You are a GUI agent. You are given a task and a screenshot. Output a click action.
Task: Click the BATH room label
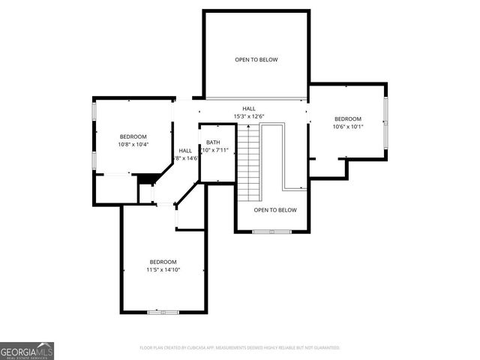213,142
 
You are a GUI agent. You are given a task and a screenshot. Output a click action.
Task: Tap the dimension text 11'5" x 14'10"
163,270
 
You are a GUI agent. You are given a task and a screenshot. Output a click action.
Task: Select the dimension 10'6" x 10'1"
347,127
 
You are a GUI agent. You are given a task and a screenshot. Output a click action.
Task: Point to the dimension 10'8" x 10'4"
134,144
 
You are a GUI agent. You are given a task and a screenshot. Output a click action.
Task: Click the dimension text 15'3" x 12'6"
248,115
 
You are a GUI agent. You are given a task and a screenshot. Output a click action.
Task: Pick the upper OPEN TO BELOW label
256,59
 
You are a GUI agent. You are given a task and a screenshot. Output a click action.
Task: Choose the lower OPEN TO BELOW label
275,210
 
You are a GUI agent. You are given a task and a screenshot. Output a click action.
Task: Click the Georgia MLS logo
27,350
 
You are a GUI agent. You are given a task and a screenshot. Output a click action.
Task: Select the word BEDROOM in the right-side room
347,119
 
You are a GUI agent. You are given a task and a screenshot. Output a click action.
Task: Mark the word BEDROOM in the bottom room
163,262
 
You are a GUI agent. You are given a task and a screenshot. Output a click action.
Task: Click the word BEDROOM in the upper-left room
133,136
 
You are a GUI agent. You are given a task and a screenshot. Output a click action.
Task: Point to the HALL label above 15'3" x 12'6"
248,109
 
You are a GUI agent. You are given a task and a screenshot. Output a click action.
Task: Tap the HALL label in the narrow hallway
185,151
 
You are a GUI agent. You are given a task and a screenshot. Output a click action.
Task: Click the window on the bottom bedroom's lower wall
163,311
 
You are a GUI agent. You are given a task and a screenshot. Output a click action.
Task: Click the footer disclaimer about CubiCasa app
240,348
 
